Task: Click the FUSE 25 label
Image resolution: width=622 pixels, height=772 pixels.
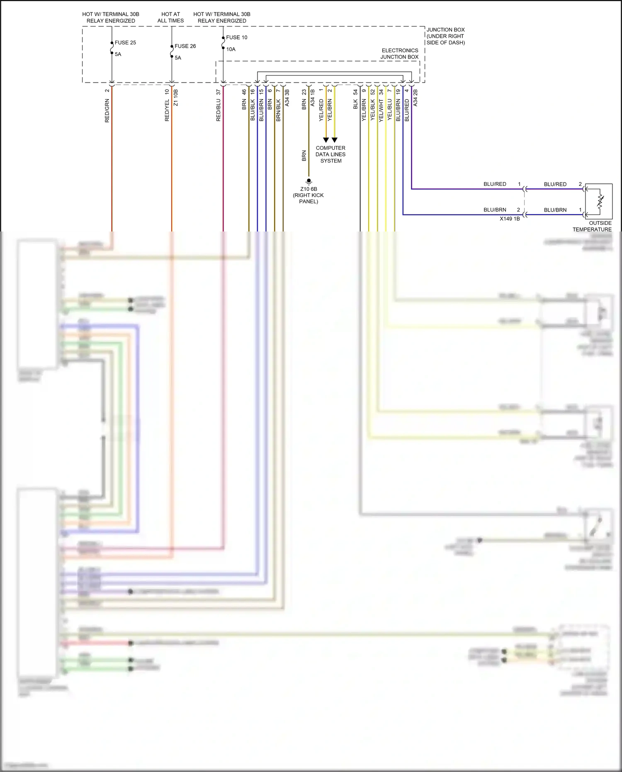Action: pos(125,43)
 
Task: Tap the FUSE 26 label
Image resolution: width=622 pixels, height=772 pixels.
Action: pos(185,46)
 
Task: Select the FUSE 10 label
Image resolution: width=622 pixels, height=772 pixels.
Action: pos(236,37)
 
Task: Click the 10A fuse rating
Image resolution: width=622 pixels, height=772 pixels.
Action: pos(231,49)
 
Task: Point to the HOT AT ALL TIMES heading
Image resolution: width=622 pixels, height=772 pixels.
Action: pos(170,17)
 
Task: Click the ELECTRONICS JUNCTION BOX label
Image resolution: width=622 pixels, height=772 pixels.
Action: pos(399,54)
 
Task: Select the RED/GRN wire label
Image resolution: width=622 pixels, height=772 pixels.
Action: pos(107,110)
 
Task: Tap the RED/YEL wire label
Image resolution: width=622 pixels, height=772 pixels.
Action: pos(167,110)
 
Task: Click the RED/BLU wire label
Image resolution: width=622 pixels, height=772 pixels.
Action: pos(219,110)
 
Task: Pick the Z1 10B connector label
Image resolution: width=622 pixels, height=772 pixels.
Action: pos(176,98)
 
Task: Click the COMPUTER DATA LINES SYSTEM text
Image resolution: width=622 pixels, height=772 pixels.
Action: pos(330,154)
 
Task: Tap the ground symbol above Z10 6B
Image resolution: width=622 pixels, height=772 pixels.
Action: pos(309,182)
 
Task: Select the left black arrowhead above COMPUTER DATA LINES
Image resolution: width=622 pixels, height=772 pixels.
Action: pos(326,140)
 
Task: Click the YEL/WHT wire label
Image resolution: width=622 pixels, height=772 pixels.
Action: pos(381,110)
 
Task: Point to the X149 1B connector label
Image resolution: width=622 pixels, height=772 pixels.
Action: pos(510,219)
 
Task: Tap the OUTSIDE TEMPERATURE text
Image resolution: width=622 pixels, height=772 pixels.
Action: pos(592,226)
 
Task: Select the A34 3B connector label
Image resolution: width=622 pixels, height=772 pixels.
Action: pos(287,98)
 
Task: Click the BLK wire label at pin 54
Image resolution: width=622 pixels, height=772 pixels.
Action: pos(355,105)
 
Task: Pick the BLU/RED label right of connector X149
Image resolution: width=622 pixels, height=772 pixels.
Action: pos(555,184)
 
